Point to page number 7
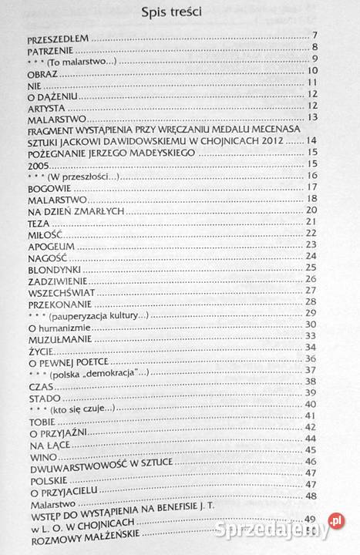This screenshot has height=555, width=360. coord(316,35)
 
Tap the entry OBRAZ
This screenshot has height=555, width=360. coord(40,72)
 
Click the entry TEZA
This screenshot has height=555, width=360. coord(38,222)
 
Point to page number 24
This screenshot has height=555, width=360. coord(312,255)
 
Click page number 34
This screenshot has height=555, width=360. coord(312,347)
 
